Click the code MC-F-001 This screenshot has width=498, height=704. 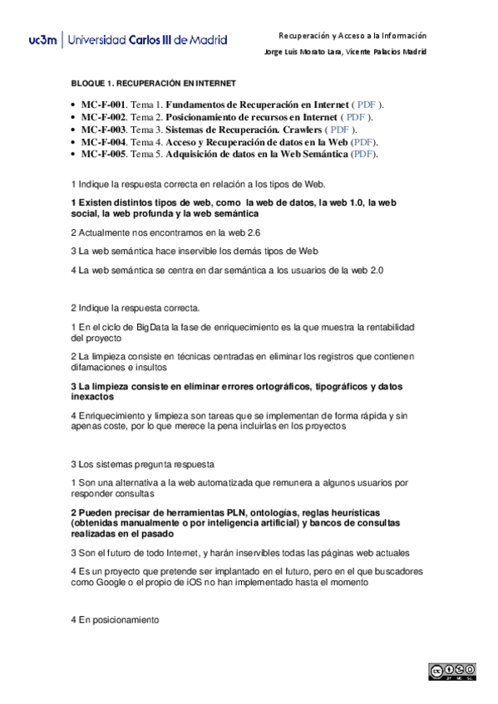pyautogui.click(x=102, y=105)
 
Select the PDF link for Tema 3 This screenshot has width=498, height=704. pyautogui.click(x=339, y=130)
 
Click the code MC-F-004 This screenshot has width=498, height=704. pyautogui.click(x=102, y=142)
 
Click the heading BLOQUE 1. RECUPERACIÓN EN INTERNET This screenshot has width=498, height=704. pyautogui.click(x=153, y=84)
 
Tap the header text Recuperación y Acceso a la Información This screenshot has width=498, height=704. pyautogui.click(x=352, y=36)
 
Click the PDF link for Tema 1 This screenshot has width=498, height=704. pyautogui.click(x=367, y=105)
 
